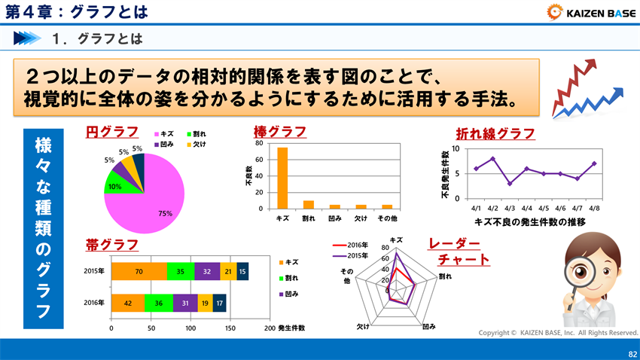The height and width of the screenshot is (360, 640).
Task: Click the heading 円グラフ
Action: click(111, 133)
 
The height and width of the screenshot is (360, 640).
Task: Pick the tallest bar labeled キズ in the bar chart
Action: click(282, 178)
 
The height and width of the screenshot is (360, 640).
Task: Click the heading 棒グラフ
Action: click(280, 133)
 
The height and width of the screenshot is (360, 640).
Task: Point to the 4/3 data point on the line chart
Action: click(510, 184)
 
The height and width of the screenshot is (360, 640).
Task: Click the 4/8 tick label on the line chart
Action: click(594, 207)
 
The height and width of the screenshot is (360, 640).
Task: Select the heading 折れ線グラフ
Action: click(495, 134)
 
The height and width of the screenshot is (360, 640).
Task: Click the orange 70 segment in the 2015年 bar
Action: click(139, 271)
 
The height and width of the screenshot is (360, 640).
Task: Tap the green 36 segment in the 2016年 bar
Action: click(158, 303)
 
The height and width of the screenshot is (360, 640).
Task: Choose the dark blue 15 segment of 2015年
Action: click(242, 271)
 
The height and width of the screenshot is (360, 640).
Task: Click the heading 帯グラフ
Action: click(111, 245)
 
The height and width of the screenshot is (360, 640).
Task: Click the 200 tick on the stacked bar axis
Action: click(270, 328)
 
